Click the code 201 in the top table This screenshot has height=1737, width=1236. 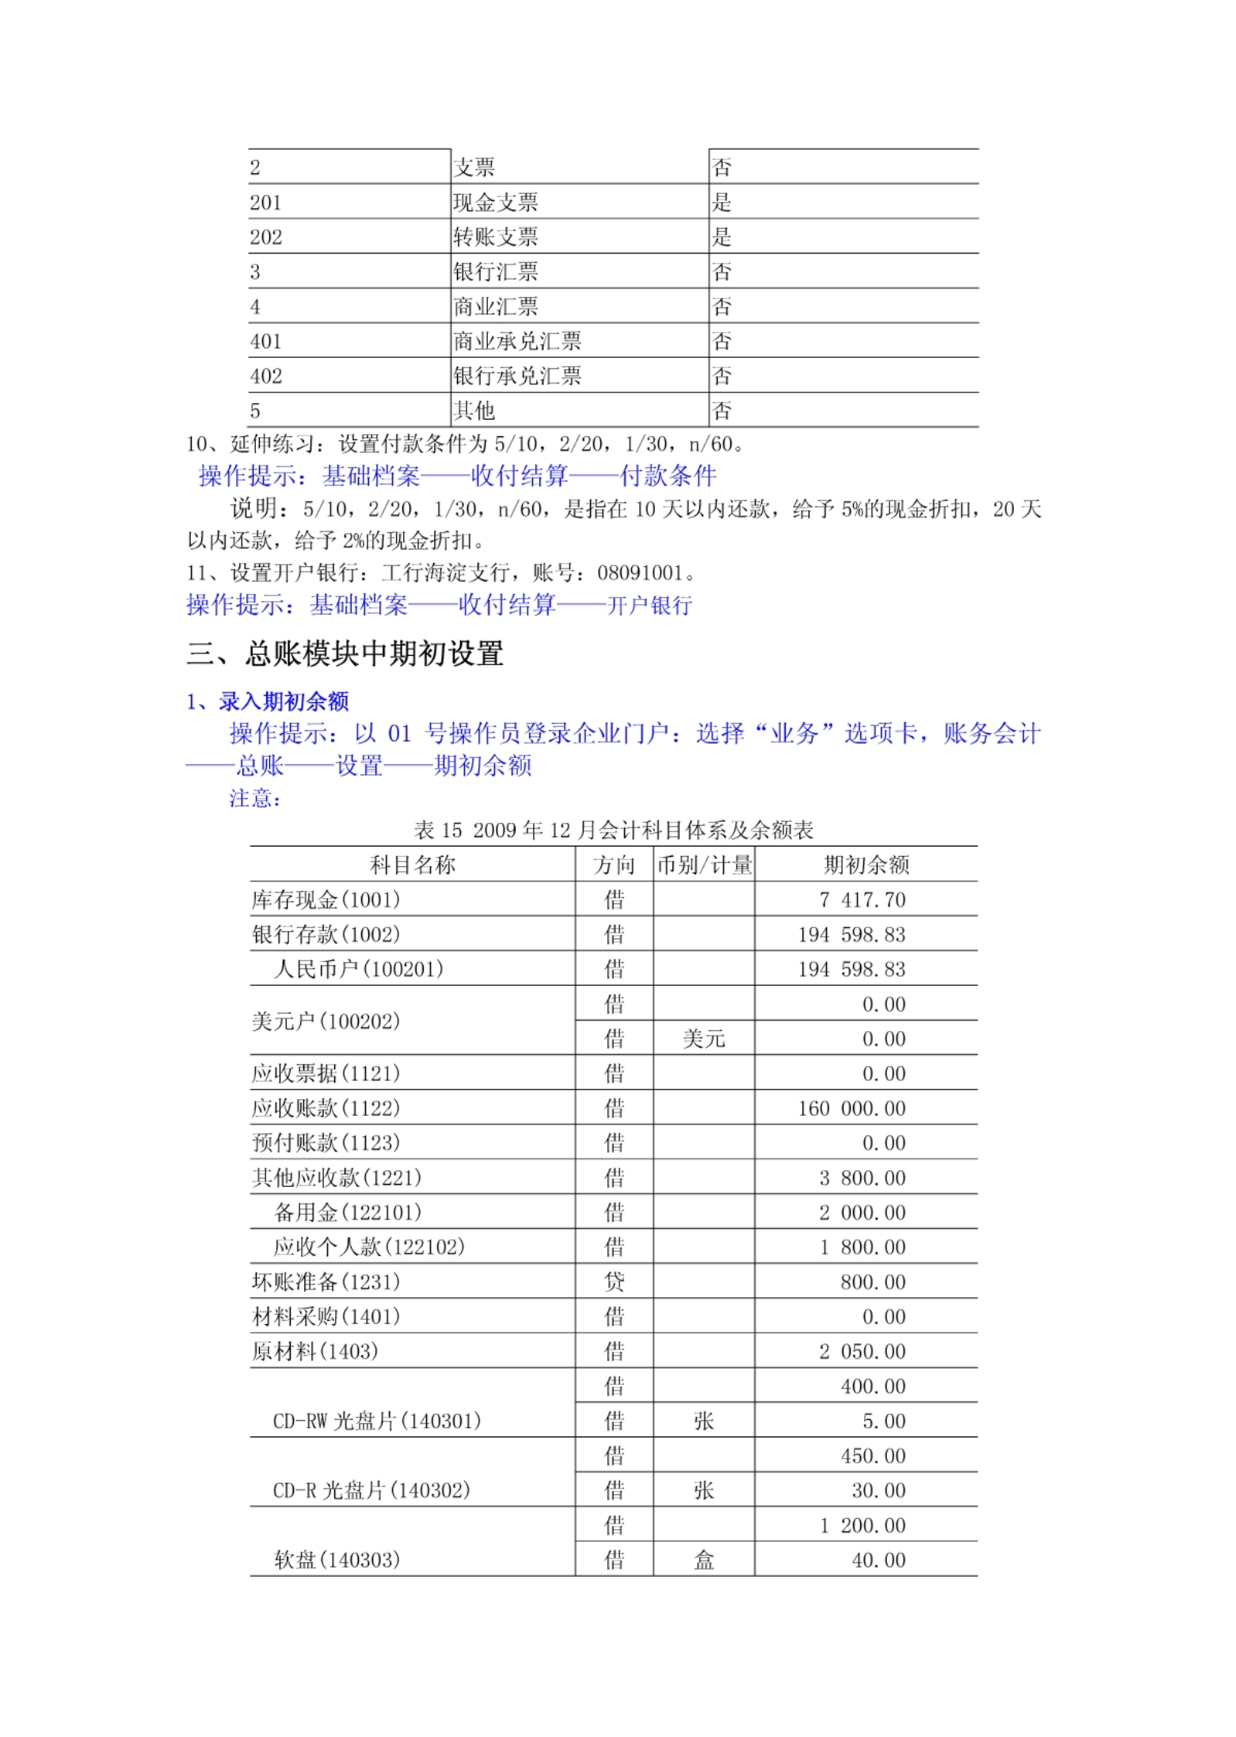[265, 203]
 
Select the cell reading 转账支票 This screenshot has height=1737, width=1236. [495, 237]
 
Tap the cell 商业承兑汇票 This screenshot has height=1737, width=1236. [517, 341]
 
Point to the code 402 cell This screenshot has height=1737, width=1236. [265, 376]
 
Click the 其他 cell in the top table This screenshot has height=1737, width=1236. [473, 411]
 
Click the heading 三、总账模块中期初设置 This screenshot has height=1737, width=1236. [345, 654]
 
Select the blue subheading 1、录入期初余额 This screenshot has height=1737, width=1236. [268, 701]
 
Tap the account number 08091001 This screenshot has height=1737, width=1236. [640, 573]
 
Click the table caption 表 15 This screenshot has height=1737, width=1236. [438, 831]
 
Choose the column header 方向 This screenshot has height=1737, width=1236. [614, 865]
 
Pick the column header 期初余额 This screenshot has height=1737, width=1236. [866, 865]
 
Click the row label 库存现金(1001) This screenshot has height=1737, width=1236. [326, 899]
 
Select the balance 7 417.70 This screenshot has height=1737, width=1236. [862, 899]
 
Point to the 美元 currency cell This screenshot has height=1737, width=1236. [703, 1039]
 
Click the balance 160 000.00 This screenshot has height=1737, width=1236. [851, 1108]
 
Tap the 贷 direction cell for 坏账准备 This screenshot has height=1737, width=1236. [614, 1282]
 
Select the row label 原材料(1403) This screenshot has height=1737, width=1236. [315, 1352]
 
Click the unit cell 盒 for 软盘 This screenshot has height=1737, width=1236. [703, 1560]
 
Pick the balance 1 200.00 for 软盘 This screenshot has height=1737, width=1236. [862, 1525]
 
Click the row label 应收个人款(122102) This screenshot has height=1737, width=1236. [369, 1247]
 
